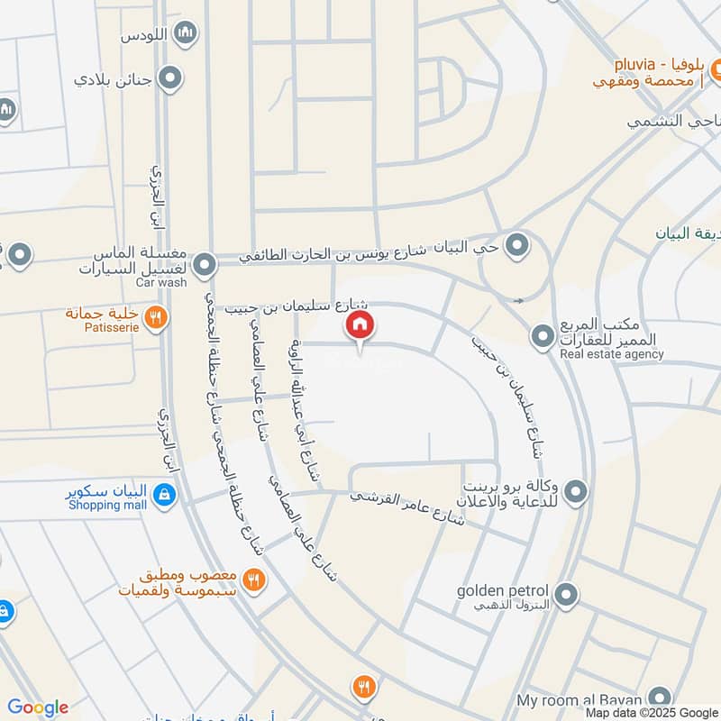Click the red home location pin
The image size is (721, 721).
click(360, 325)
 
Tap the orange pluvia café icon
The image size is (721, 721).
click(718, 68)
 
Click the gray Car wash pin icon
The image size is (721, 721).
click(206, 264)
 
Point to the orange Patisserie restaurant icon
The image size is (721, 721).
click(156, 317)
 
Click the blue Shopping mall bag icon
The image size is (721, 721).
click(164, 494)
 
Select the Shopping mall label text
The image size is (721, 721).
click(107, 505)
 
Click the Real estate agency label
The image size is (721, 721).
click(611, 354)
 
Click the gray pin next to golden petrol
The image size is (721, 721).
click(566, 594)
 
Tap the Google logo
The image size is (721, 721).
click(37, 707)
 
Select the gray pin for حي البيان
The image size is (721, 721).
click(516, 245)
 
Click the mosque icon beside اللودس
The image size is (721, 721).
click(186, 34)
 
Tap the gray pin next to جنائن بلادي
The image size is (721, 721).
click(169, 78)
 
